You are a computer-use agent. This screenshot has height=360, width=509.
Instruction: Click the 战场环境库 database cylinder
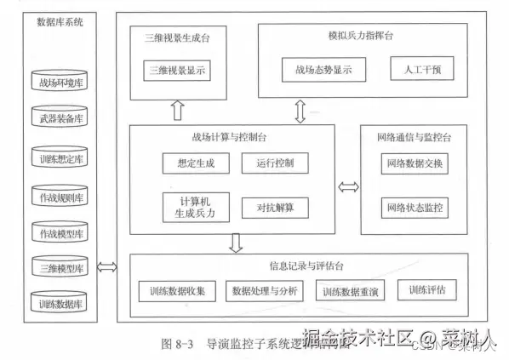click(x=62, y=83)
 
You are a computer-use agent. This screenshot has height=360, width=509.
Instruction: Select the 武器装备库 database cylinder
click(x=62, y=118)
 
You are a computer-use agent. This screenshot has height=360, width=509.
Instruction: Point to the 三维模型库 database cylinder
click(x=62, y=267)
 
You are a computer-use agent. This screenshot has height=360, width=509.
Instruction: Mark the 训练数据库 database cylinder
click(x=62, y=302)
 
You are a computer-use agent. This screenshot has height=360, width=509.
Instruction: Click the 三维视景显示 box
click(x=177, y=71)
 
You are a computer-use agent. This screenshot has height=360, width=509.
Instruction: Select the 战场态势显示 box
click(x=323, y=70)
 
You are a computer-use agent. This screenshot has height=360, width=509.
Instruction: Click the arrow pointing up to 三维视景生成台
click(x=177, y=111)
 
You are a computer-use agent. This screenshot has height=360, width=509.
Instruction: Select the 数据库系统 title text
click(x=61, y=23)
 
